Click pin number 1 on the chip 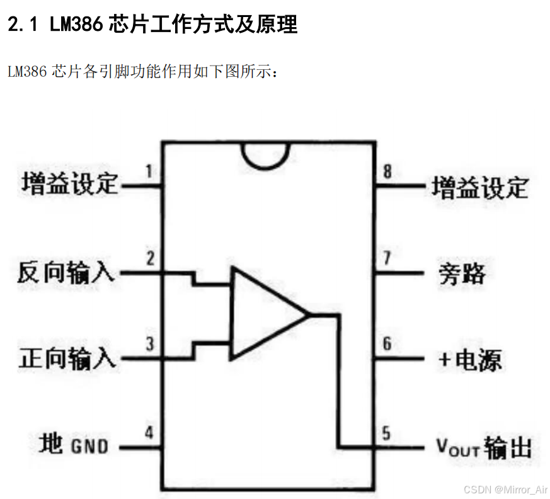point(148,171)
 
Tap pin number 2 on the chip point(149,258)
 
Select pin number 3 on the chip point(149,345)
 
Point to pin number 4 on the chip point(149,433)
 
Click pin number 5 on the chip point(386,433)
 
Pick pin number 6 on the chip point(387,344)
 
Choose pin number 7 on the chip point(387,258)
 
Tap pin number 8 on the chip point(387,171)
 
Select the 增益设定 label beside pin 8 point(479,187)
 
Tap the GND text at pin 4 point(89,447)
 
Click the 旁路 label point(462,273)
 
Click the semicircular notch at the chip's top point(266,154)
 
